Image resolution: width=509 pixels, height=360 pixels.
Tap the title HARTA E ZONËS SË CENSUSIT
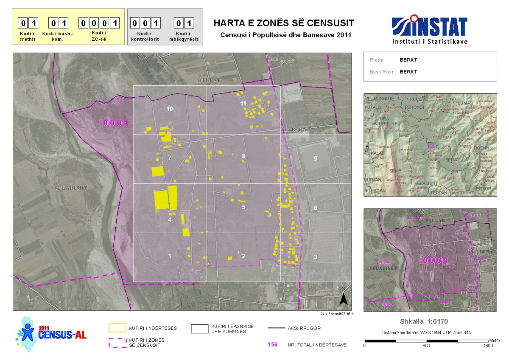(x=283, y=23)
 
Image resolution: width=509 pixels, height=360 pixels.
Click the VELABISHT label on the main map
(x=70, y=188)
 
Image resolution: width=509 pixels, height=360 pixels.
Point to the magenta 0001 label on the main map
(x=116, y=123)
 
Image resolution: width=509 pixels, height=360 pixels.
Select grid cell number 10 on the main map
(x=170, y=109)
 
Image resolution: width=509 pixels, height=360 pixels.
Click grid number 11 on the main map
(x=243, y=103)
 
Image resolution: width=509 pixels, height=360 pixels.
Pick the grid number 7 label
(x=170, y=158)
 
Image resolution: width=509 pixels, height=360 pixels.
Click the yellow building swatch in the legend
(x=117, y=328)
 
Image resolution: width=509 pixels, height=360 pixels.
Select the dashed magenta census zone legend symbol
(x=117, y=343)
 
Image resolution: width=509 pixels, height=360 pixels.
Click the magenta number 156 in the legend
(x=272, y=344)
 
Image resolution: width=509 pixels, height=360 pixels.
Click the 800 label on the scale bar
(x=426, y=346)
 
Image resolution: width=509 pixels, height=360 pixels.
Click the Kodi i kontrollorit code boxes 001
(x=145, y=23)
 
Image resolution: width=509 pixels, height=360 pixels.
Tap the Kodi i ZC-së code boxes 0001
(x=100, y=23)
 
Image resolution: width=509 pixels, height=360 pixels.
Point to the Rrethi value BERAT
(x=408, y=60)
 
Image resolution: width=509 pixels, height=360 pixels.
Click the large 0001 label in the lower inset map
(x=436, y=260)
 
